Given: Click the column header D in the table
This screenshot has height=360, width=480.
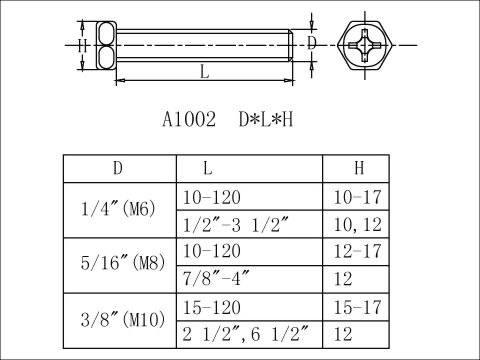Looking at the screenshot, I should (119, 169).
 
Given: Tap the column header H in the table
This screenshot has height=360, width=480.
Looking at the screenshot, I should (357, 169).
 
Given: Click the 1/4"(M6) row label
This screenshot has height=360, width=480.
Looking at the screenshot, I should (119, 210).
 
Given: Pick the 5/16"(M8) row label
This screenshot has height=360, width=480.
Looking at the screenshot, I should (119, 265).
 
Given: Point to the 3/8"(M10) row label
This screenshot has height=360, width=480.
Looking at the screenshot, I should (119, 320).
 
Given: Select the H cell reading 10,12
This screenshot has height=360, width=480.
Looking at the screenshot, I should (356, 224).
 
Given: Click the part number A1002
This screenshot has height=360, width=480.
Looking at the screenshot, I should (190, 119).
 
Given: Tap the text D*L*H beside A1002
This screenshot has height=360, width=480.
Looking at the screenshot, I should (265, 119).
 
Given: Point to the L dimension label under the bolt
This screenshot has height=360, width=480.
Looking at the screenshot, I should (204, 72).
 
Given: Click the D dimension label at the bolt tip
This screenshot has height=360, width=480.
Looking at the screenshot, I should (312, 43).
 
